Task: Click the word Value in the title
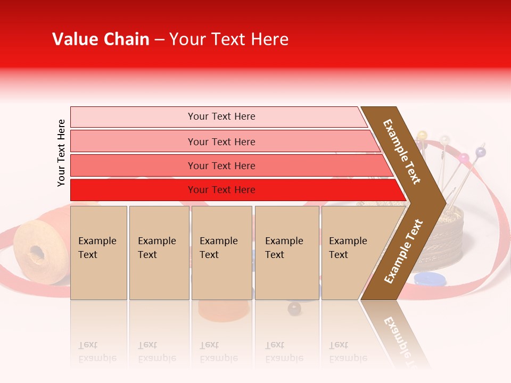click(74, 39)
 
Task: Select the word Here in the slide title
click(269, 39)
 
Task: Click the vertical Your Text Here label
click(61, 153)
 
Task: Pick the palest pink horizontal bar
click(218, 116)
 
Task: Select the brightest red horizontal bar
click(234, 190)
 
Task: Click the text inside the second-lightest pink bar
click(221, 141)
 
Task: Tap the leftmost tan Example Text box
click(98, 252)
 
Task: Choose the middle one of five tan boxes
click(221, 252)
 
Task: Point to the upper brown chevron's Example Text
click(402, 152)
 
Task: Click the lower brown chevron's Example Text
click(403, 251)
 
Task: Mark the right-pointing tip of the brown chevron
click(444, 202)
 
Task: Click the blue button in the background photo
click(430, 279)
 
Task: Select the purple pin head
click(480, 153)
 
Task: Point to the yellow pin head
click(422, 135)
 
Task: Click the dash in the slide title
click(159, 40)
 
